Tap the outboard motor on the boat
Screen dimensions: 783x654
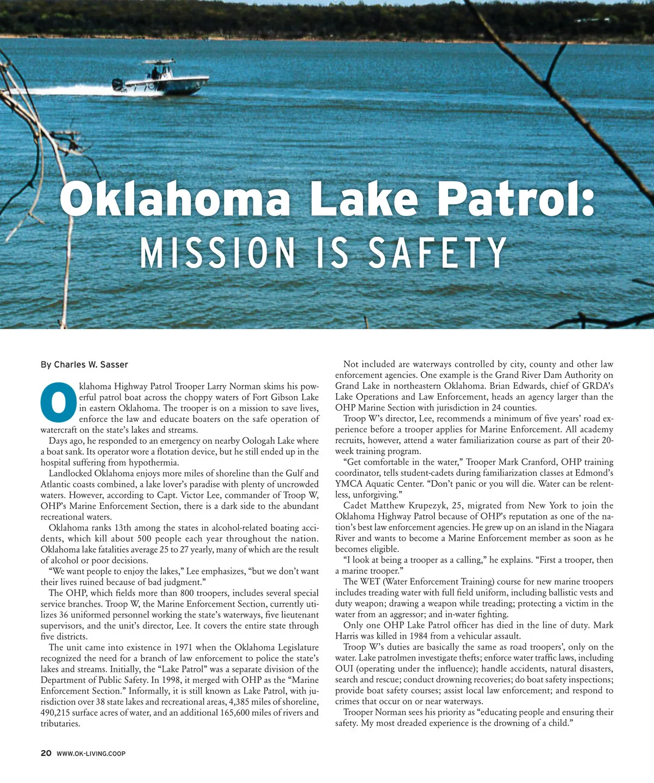[117, 85]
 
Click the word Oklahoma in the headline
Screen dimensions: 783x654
[175, 199]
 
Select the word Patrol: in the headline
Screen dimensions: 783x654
[515, 199]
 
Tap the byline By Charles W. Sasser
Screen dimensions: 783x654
[84, 364]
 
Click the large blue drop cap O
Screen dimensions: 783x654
[58, 403]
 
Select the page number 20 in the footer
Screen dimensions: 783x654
[46, 753]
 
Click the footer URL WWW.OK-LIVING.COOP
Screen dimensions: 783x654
[91, 754]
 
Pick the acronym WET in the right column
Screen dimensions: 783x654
[370, 582]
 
